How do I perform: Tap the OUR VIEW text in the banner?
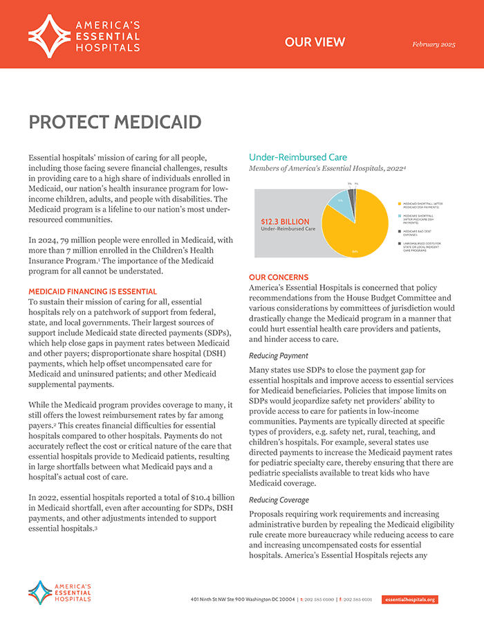tap(315, 42)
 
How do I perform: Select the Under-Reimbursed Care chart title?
tap(298, 157)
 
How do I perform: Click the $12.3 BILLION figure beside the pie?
tap(286, 222)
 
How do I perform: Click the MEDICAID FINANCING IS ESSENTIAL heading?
tap(92, 291)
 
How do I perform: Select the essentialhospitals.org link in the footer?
tap(409, 599)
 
